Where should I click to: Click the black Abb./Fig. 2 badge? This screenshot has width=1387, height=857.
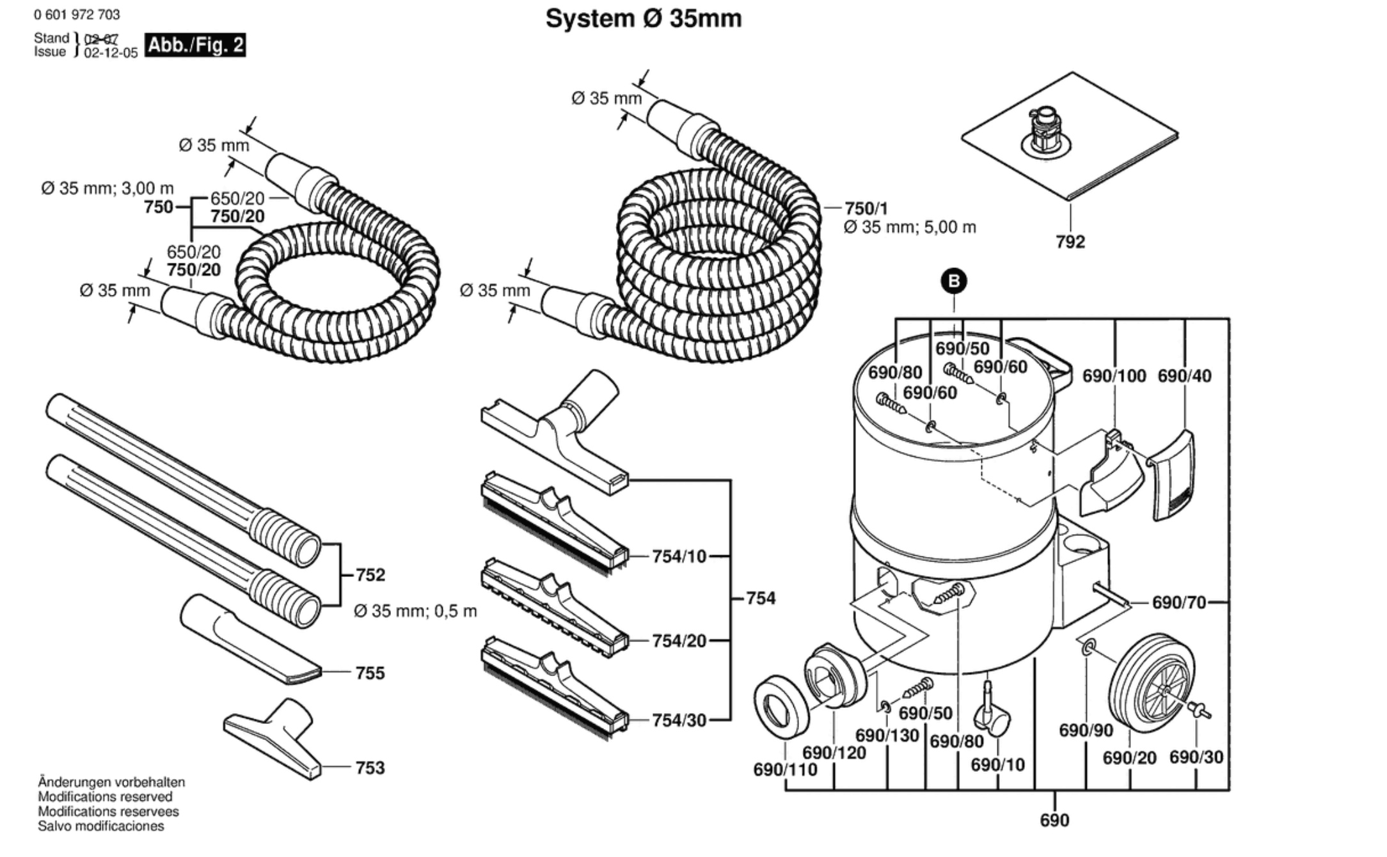coord(195,45)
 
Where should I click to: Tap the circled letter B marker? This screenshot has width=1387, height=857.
coord(954,281)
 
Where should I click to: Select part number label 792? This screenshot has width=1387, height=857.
coord(1070,242)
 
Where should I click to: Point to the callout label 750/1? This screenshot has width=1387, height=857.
coord(866,208)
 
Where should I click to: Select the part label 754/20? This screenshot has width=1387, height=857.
coord(679,641)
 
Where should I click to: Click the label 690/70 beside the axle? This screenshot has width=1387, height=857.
coord(1178,602)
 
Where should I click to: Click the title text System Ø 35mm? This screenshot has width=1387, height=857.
coord(643,19)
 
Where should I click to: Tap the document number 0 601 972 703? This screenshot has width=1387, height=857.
coord(77,15)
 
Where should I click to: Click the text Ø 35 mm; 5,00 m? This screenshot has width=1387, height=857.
coord(909,228)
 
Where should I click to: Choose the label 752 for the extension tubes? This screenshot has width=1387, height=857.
coord(370,575)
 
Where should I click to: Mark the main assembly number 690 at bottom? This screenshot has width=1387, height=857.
coord(1054,821)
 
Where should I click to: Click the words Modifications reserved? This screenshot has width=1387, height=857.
coord(105,797)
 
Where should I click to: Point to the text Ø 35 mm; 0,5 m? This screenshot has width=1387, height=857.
coord(415,611)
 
